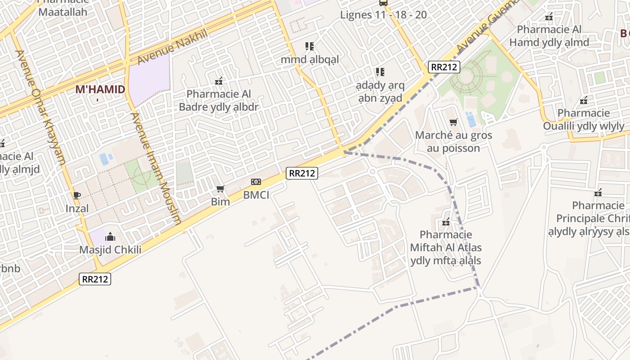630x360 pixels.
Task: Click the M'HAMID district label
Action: point(100,89)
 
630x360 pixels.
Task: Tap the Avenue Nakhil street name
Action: point(173,46)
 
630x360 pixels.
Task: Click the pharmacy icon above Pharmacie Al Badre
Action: point(219,81)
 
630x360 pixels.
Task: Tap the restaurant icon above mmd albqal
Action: point(310,46)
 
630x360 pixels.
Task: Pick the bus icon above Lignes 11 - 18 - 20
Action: point(383,3)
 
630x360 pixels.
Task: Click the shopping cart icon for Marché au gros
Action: point(454,122)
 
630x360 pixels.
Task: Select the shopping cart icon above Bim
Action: point(220,189)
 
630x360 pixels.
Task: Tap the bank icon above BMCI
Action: point(256,182)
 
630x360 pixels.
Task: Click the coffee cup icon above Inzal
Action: point(77,195)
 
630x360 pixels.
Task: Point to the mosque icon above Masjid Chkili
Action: point(110,237)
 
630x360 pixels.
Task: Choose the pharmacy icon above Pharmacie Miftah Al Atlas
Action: point(446,222)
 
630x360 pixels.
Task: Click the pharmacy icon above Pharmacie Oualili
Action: point(584,100)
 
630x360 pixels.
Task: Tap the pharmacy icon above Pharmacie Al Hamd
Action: point(549,17)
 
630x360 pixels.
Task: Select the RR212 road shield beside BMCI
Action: point(302,173)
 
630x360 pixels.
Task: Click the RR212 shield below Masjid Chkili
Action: point(95,279)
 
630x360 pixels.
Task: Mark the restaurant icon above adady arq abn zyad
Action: point(380,72)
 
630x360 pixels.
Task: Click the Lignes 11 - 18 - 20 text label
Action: point(383,15)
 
